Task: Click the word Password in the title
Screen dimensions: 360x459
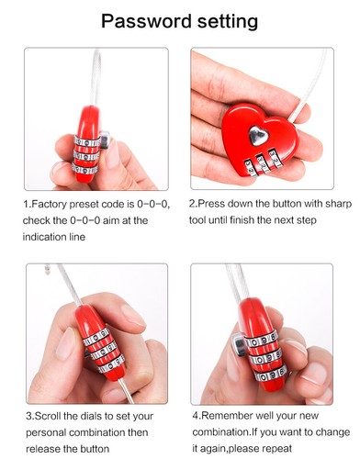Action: [x=147, y=21]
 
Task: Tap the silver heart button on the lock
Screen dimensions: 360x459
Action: [x=258, y=135]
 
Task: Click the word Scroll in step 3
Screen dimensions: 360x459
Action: [x=49, y=416]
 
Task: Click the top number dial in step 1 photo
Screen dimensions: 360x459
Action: [x=87, y=142]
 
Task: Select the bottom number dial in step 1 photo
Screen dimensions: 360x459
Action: [x=84, y=170]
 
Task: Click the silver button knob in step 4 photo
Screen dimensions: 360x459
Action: [x=238, y=345]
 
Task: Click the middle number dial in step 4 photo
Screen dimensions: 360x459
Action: [x=265, y=358]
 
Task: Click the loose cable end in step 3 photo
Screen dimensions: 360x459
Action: [x=47, y=270]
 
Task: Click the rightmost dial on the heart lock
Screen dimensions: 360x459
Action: [x=276, y=159]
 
